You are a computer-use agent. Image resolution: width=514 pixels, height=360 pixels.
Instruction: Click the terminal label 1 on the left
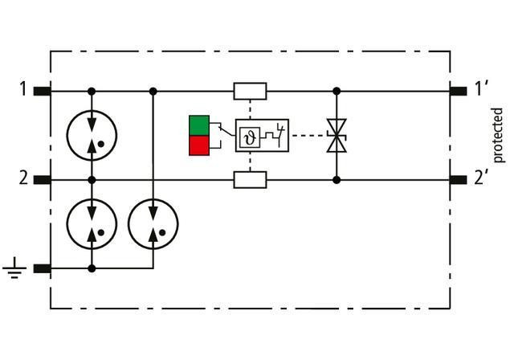pos(23,89)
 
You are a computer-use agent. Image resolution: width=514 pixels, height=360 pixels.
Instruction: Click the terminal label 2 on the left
pos(23,178)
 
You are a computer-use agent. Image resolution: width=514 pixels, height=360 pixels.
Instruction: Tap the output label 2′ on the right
pos(481,178)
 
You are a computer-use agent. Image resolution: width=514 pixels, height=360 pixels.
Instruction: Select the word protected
pos(499,135)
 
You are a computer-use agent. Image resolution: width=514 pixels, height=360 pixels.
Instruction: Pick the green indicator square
pos(198,125)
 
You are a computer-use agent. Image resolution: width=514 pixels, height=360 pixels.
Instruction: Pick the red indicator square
pos(198,145)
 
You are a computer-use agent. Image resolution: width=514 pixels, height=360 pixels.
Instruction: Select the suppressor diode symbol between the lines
pos(337,136)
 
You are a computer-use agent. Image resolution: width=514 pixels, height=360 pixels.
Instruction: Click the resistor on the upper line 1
pos(251,91)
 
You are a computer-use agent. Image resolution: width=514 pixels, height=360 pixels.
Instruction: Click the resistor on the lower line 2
pos(251,179)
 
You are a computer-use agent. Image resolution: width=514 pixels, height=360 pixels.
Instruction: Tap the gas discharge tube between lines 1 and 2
pos(92,134)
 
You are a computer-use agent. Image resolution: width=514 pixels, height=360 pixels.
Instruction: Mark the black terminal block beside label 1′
pos(459,91)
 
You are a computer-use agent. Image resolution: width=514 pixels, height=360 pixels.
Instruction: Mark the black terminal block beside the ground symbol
pos(42,268)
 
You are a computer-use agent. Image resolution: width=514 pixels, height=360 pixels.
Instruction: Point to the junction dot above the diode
pos(337,91)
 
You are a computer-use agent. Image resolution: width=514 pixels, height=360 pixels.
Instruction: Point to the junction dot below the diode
pos(337,179)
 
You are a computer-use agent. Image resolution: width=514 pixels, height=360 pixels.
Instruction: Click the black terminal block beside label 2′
pos(459,179)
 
